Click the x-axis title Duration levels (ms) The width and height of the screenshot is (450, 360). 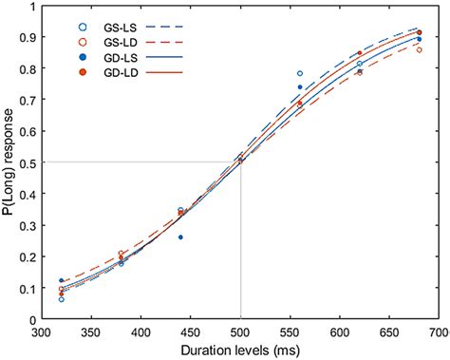pyautogui.click(x=240, y=350)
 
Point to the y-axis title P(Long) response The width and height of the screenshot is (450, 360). pyautogui.click(x=11, y=161)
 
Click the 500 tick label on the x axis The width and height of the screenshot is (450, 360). pyautogui.click(x=240, y=332)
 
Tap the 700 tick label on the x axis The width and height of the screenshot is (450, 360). pyautogui.click(x=438, y=332)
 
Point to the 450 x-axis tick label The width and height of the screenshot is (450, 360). pyautogui.click(x=191, y=332)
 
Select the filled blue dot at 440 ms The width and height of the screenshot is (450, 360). pyautogui.click(x=180, y=237)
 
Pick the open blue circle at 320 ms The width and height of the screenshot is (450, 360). pyautogui.click(x=62, y=299)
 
